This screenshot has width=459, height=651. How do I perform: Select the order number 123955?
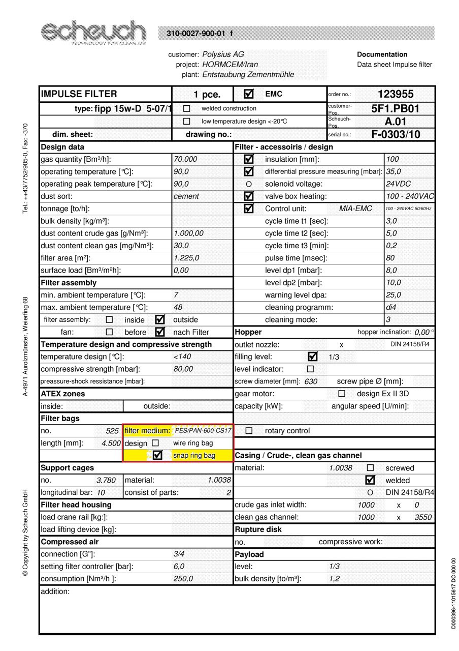396,94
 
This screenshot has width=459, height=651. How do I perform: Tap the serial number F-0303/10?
396,135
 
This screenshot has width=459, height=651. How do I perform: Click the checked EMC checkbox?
249,94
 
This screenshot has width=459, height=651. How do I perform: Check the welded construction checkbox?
186,108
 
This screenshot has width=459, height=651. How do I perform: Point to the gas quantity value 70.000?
185,159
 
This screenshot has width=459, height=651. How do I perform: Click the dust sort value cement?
186,196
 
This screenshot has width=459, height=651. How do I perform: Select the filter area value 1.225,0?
186,258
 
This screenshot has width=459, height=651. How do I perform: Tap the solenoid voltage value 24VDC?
399,184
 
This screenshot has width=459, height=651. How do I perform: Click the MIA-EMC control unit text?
355,209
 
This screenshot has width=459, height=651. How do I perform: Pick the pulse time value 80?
390,258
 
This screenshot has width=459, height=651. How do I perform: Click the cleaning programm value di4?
390,307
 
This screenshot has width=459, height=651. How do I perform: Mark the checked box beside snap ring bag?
157,455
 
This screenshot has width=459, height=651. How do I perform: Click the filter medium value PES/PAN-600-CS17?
203,431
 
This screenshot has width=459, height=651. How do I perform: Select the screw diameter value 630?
311,381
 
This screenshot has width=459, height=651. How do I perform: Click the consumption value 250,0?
183,579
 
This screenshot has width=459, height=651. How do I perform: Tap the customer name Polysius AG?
223,54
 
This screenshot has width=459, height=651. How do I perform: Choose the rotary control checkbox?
249,431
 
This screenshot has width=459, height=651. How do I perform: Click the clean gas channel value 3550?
423,517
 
